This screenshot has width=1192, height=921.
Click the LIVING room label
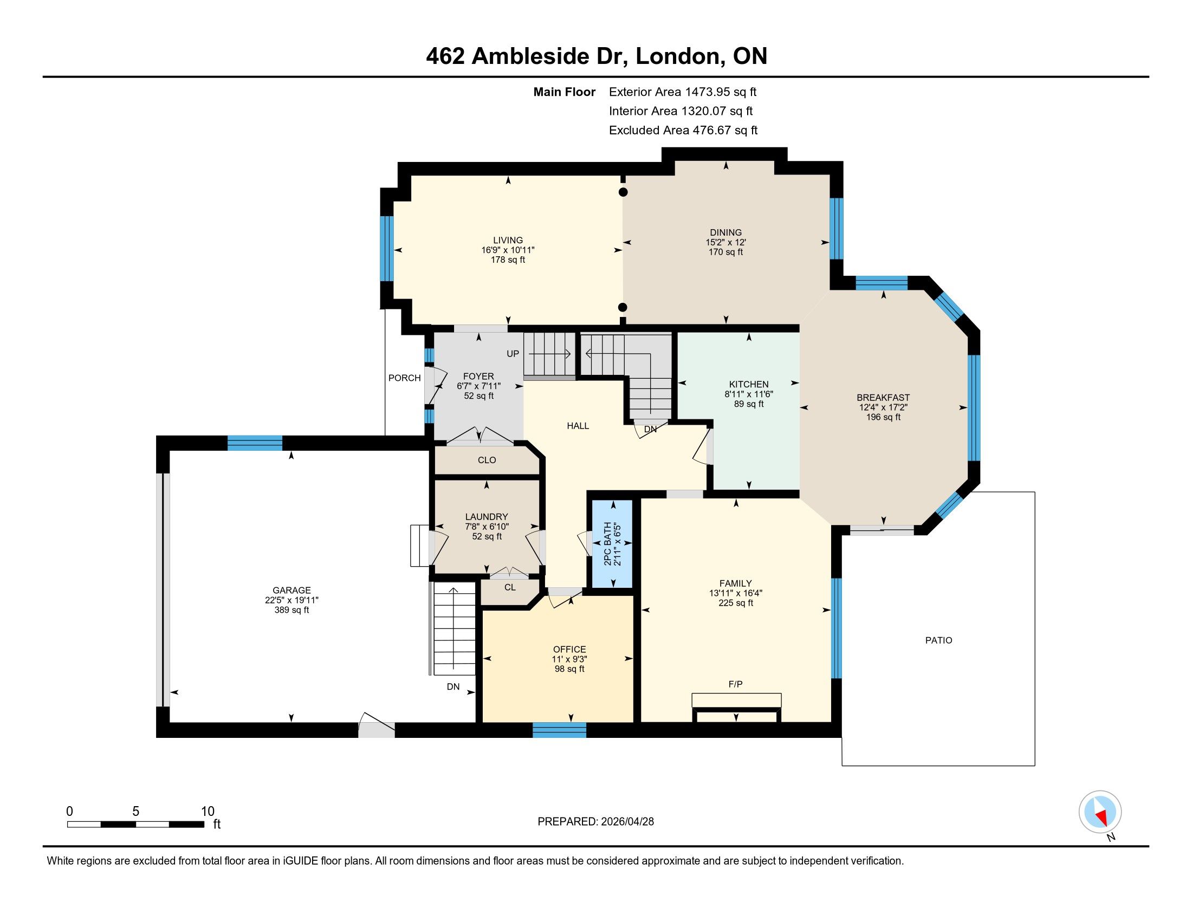508,240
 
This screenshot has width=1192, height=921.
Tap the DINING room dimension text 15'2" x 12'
725,242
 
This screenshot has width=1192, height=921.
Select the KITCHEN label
748,384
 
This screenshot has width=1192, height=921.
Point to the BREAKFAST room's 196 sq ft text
883,417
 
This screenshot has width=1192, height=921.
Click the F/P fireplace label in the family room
735,684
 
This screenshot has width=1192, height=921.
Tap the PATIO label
938,640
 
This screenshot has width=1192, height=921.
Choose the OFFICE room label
569,649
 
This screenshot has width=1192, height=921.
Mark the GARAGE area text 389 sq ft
291,610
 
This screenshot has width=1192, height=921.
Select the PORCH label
404,378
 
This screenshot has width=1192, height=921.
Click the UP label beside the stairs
513,354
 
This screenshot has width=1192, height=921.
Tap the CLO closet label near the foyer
487,460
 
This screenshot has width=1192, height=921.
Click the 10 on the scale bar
208,812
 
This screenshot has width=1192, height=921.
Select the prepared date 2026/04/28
626,822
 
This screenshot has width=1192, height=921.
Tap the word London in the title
677,56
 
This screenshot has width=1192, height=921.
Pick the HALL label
578,426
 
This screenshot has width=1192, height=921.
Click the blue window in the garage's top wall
255,443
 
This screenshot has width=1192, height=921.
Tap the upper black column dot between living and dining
623,192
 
